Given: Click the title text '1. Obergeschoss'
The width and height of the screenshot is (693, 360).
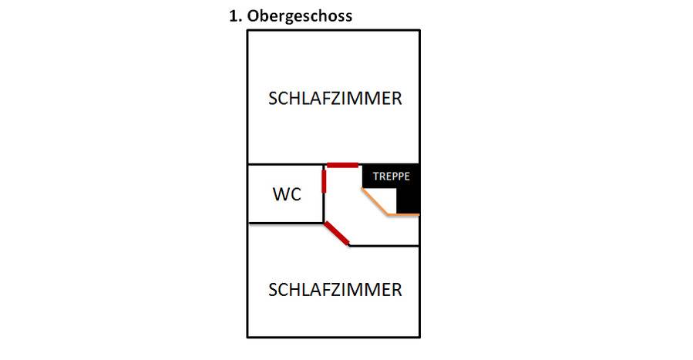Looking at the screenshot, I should point(291,16).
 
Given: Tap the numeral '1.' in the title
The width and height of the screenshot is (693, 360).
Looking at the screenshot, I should point(235,15).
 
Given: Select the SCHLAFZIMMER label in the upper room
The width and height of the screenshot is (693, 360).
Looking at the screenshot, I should point(335,99).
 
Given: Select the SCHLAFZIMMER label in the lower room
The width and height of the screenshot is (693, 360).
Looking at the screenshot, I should point(335,290).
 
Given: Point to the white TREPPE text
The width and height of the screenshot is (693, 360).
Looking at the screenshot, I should point(391,176).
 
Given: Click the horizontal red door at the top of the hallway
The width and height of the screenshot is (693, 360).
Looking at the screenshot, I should point(342,164).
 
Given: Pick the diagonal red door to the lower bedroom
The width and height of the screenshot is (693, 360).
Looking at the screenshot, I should point(337,233).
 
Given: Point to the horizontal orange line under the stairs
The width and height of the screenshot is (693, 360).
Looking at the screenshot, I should point(405,214).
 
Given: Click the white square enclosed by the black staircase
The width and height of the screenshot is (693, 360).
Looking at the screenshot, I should point(382,198).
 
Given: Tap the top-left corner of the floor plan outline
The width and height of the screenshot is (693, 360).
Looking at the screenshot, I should point(247,30).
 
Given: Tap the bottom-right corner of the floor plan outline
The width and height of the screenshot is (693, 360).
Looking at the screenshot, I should point(419,336).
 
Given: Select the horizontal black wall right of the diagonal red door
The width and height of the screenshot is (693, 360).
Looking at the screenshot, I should point(384,246).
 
